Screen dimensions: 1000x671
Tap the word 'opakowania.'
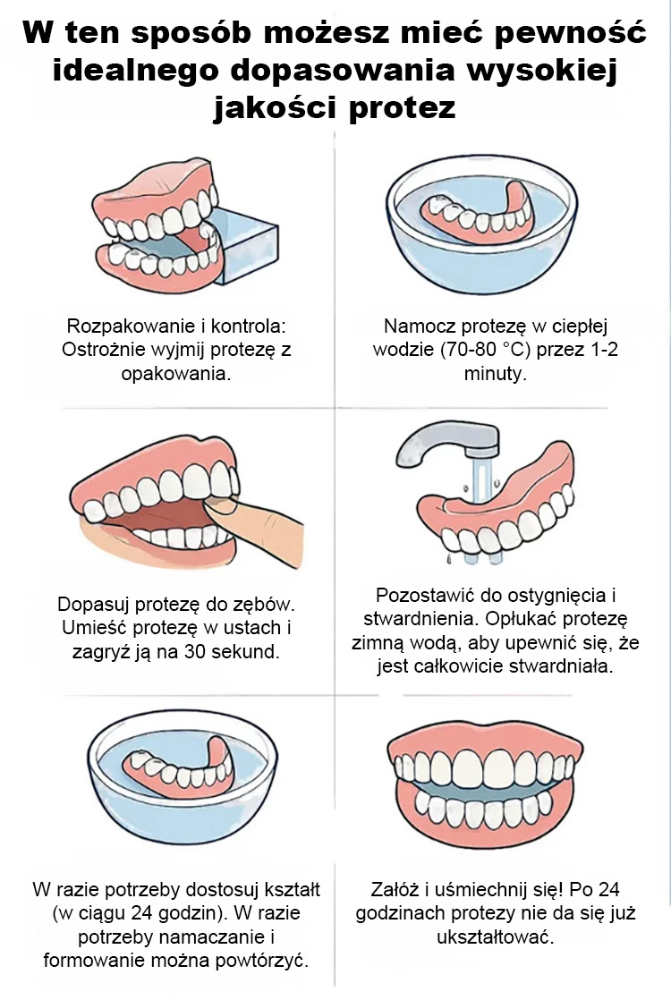[x=176, y=374]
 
